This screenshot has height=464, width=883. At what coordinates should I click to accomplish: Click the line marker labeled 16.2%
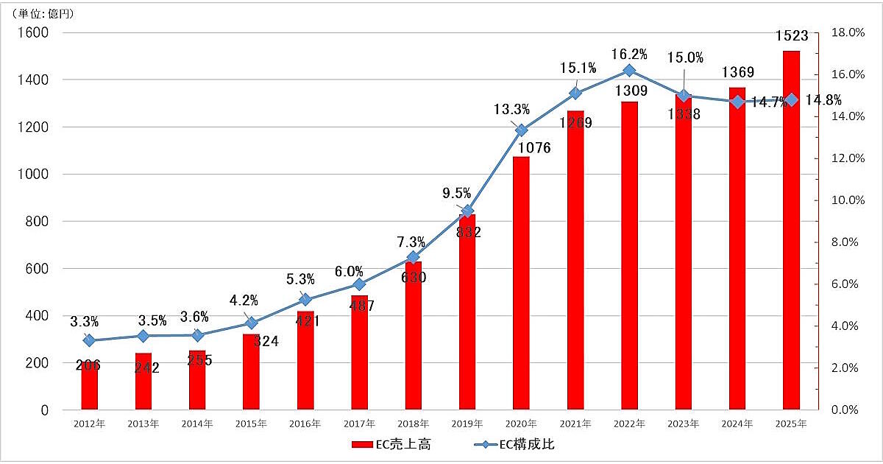[x=629, y=71]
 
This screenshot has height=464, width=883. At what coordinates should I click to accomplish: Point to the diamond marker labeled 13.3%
[x=521, y=130]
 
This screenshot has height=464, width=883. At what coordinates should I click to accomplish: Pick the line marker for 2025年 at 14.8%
[x=791, y=99]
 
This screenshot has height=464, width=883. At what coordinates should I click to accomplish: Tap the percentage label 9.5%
[x=457, y=194]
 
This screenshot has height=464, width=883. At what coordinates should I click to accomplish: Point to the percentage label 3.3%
[x=85, y=322]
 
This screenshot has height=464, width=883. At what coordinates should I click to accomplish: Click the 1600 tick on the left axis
[x=33, y=32]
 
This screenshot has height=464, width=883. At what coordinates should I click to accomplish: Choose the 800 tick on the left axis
[x=37, y=222]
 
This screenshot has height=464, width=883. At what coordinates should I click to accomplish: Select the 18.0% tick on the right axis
[x=845, y=32]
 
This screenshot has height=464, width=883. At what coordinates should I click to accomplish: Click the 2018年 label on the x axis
[x=413, y=424]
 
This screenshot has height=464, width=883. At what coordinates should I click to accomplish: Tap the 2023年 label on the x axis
[x=683, y=424]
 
